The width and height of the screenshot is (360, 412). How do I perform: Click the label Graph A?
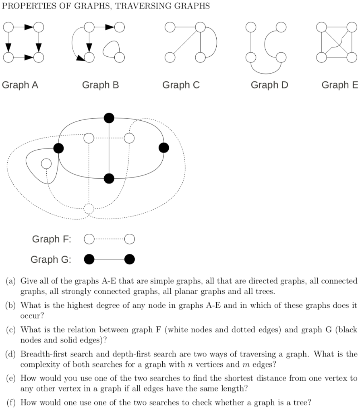[x=20, y=85]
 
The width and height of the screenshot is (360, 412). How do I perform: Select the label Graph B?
[x=100, y=85]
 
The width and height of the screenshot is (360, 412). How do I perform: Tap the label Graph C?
[x=181, y=85]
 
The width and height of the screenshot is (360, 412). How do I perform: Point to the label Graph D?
[x=269, y=85]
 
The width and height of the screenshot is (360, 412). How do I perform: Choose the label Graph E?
[x=339, y=85]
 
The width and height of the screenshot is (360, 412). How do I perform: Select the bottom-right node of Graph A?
[x=38, y=58]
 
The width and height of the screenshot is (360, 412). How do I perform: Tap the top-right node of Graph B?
[x=119, y=27]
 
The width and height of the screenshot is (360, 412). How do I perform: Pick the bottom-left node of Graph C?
[x=170, y=58]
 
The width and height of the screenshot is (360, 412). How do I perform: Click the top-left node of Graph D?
[x=251, y=27]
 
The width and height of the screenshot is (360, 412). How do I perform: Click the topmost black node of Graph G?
[x=109, y=117]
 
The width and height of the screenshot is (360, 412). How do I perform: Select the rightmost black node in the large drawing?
[x=163, y=148]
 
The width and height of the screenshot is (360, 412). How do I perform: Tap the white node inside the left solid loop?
[x=46, y=163]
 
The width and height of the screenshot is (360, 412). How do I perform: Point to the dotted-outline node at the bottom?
[x=89, y=208]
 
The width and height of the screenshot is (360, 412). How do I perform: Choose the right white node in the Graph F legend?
[x=129, y=239]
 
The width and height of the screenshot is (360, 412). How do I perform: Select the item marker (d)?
[x=10, y=354]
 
